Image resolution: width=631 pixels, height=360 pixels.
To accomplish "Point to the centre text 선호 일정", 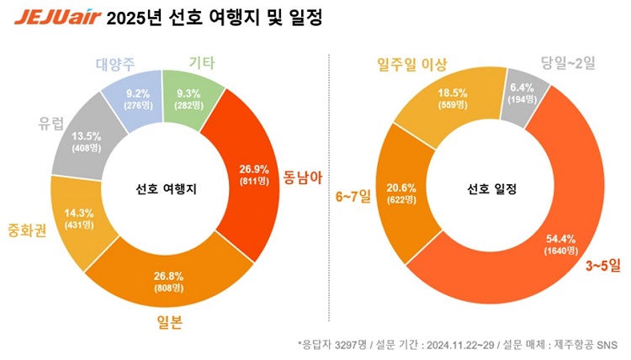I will tap(492, 189).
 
